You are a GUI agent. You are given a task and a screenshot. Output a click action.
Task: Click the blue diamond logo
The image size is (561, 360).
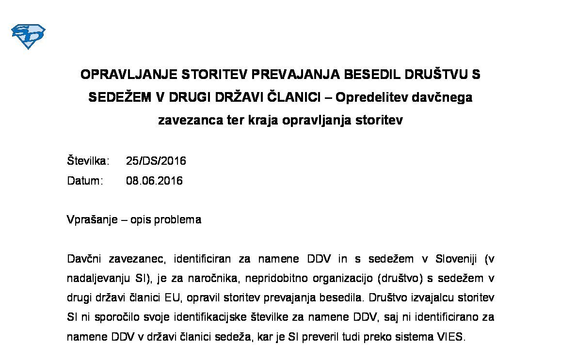point(28,36)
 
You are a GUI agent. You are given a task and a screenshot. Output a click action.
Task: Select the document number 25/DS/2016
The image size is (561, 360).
point(156,161)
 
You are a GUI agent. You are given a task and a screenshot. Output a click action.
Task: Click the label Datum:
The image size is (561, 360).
point(85,181)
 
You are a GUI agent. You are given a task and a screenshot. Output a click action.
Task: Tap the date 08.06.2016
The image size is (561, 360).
point(154,181)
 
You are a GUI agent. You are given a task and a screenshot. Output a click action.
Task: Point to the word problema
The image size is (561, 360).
point(176,220)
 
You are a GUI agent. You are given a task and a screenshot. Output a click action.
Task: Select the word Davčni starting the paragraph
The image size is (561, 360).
point(84,259)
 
